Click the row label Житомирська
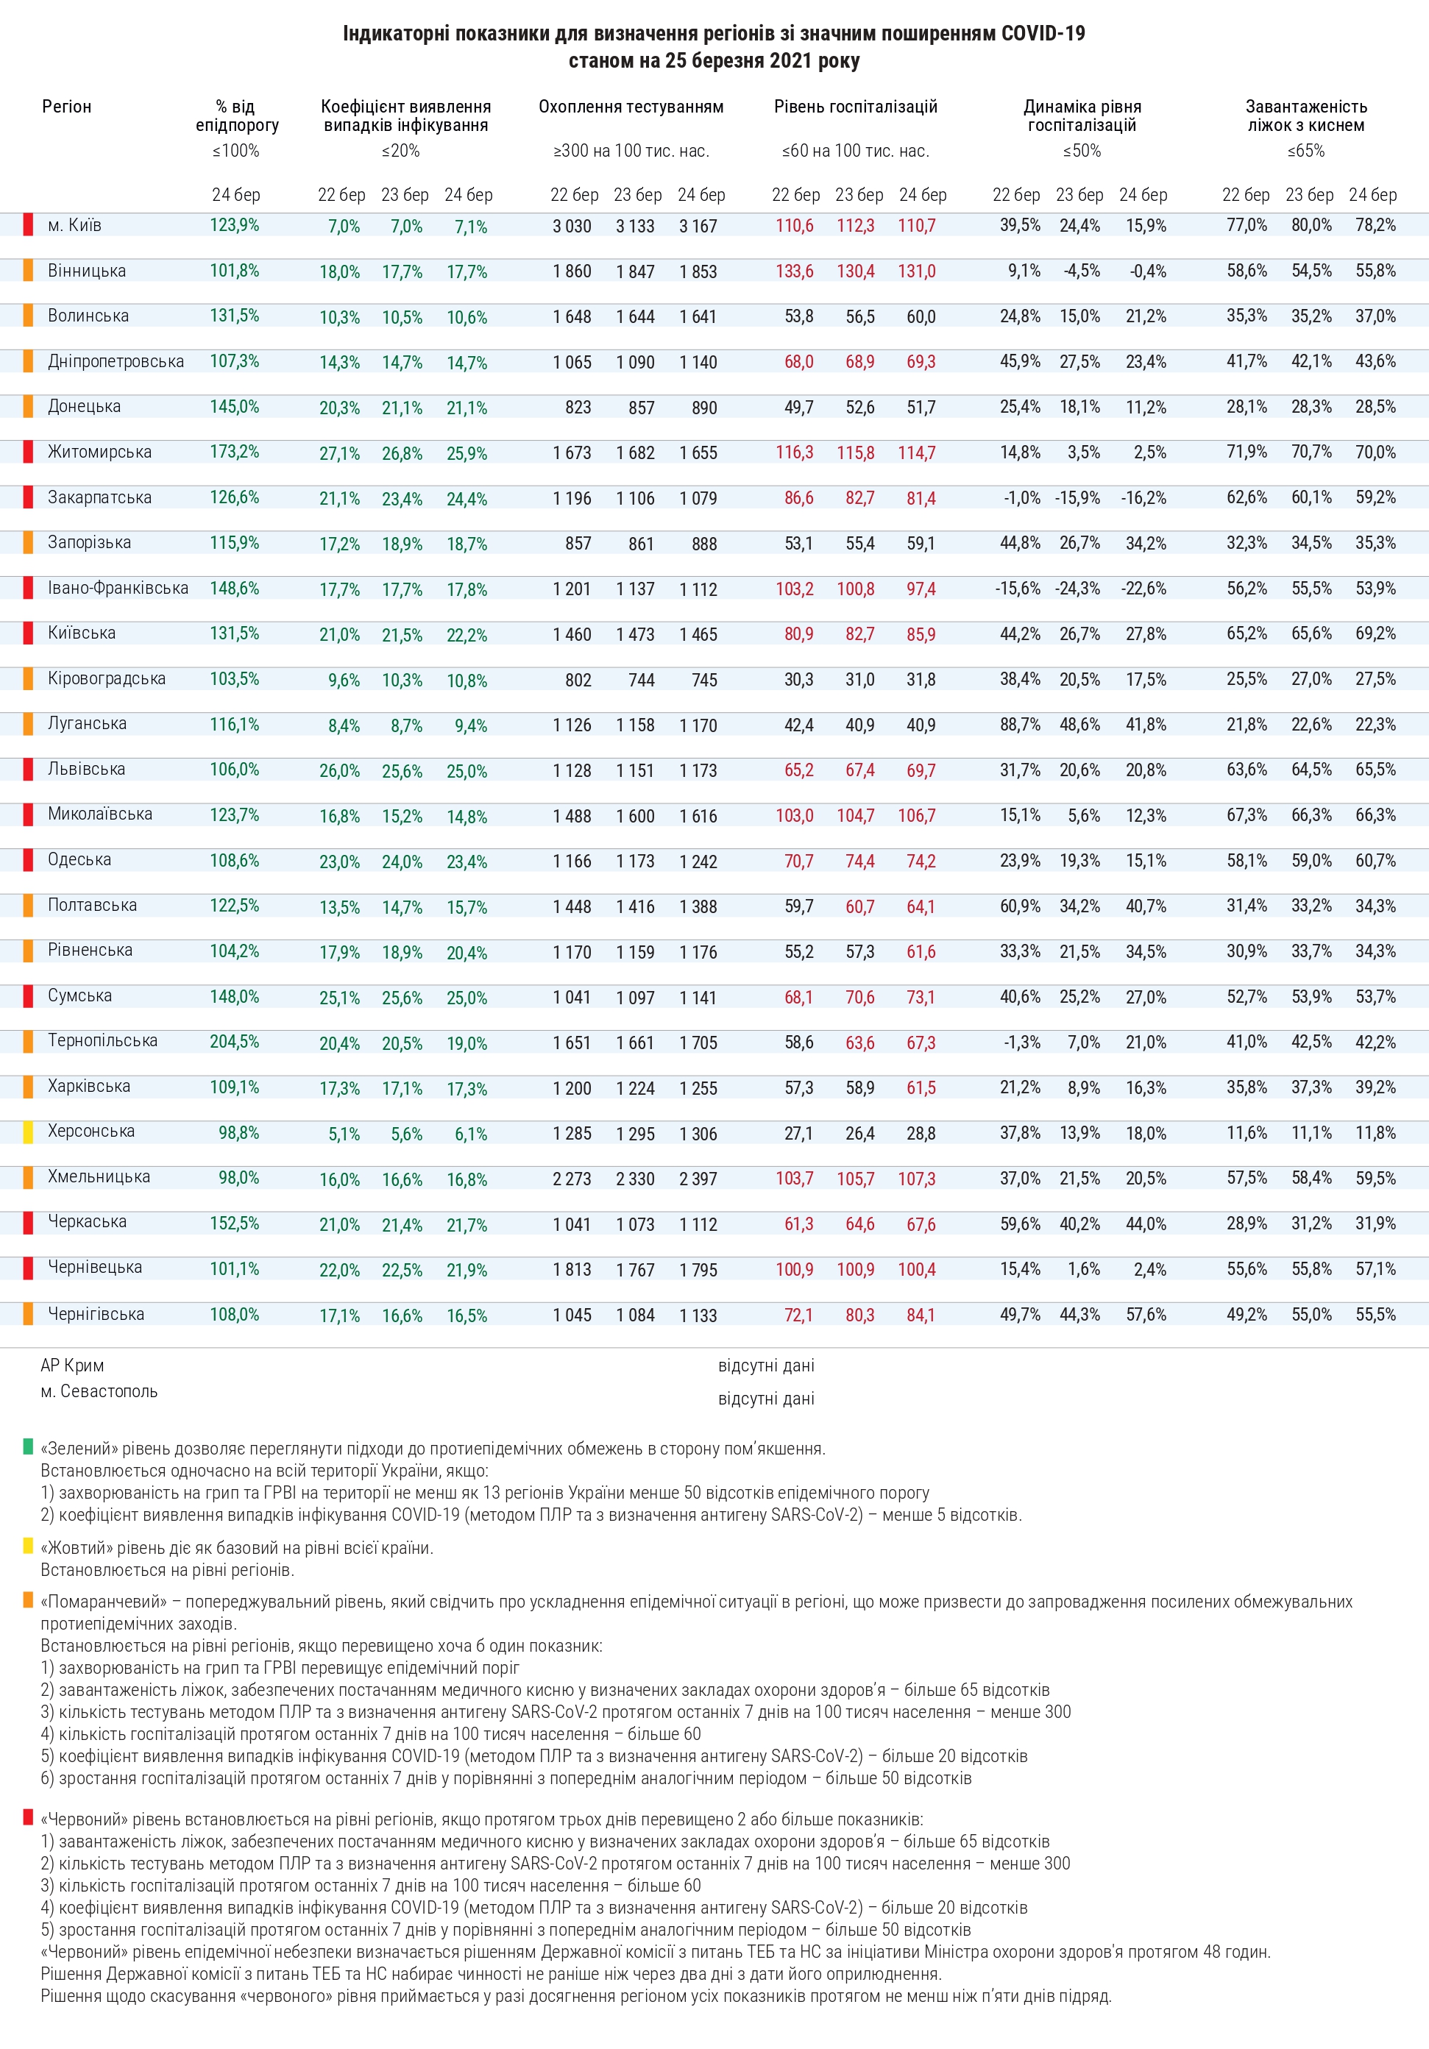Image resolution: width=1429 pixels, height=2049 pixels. (x=99, y=452)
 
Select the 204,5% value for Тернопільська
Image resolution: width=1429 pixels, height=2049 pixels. (x=234, y=1042)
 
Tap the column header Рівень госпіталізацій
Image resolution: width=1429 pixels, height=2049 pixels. (x=855, y=107)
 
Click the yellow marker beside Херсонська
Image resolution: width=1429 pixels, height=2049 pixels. (x=29, y=1132)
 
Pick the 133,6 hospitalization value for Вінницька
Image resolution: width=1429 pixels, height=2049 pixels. (x=793, y=271)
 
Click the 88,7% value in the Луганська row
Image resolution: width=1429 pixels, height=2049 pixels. (x=1019, y=725)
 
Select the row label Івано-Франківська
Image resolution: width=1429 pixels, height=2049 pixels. (x=118, y=588)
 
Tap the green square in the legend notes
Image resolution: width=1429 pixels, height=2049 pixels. (x=29, y=1446)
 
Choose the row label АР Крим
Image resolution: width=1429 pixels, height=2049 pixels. (x=72, y=1366)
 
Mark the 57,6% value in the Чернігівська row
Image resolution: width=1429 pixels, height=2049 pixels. (x=1145, y=1315)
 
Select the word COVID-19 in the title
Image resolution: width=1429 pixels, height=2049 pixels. (x=1043, y=34)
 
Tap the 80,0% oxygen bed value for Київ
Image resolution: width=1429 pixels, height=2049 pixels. (x=1311, y=226)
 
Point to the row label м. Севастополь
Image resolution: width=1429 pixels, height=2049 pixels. (x=99, y=1391)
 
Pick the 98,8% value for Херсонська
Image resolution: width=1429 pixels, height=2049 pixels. (x=238, y=1132)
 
